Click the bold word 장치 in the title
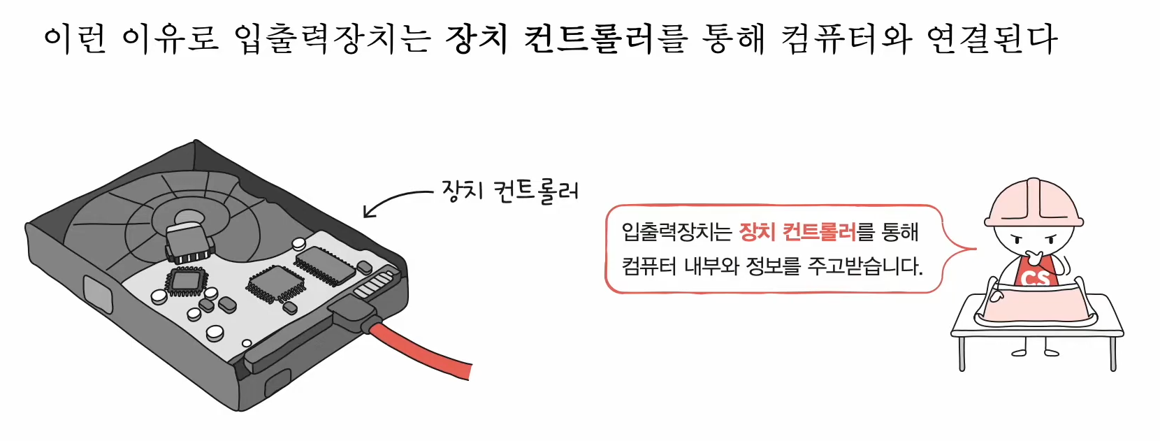coord(477,38)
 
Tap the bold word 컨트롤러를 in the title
coord(606,38)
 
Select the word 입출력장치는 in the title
coord(332,38)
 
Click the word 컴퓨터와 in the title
coord(846,38)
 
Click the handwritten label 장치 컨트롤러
coord(510,191)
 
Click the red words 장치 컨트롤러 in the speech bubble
coord(797,232)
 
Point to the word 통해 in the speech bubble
coord(900,232)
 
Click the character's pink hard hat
coord(1033,203)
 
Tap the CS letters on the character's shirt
coord(1035,278)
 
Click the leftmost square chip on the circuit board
coord(186,281)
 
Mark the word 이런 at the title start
coord(75,38)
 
